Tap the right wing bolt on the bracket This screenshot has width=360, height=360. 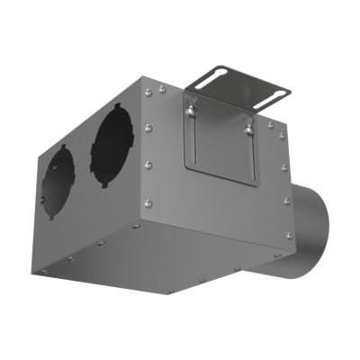(245, 129)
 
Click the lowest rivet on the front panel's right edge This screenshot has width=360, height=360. (289, 236)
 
